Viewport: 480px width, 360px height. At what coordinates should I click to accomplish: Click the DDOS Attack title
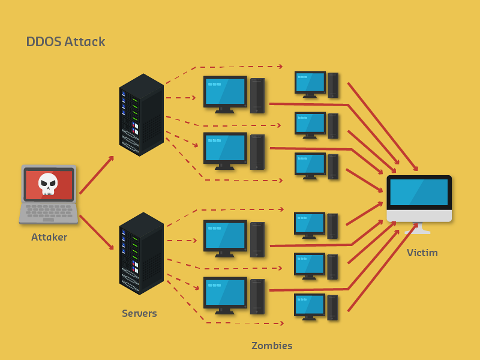pos(65,42)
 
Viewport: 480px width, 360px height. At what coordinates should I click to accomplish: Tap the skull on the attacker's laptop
pos(48,183)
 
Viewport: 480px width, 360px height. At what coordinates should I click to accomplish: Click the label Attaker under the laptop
pos(49,238)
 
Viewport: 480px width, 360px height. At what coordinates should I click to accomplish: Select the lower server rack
pos(142,253)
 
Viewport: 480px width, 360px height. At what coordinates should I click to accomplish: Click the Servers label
pos(139,313)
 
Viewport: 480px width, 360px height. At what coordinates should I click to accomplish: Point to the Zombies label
pos(272,346)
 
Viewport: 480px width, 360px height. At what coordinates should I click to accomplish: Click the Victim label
pos(422,253)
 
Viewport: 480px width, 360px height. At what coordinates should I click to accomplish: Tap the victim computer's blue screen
pos(419,192)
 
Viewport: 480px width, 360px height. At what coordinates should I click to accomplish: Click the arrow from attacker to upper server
pos(97,175)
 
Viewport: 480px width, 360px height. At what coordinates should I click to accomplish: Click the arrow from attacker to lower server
pos(97,232)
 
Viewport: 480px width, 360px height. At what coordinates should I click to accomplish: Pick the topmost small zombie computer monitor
pos(310,82)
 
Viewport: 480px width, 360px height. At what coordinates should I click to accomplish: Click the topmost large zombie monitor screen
pos(225,91)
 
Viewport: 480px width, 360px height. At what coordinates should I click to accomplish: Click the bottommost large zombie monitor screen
pos(225,292)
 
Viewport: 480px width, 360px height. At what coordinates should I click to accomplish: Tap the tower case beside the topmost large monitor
pos(257,95)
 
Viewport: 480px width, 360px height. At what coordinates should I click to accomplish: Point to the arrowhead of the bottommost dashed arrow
pos(281,323)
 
